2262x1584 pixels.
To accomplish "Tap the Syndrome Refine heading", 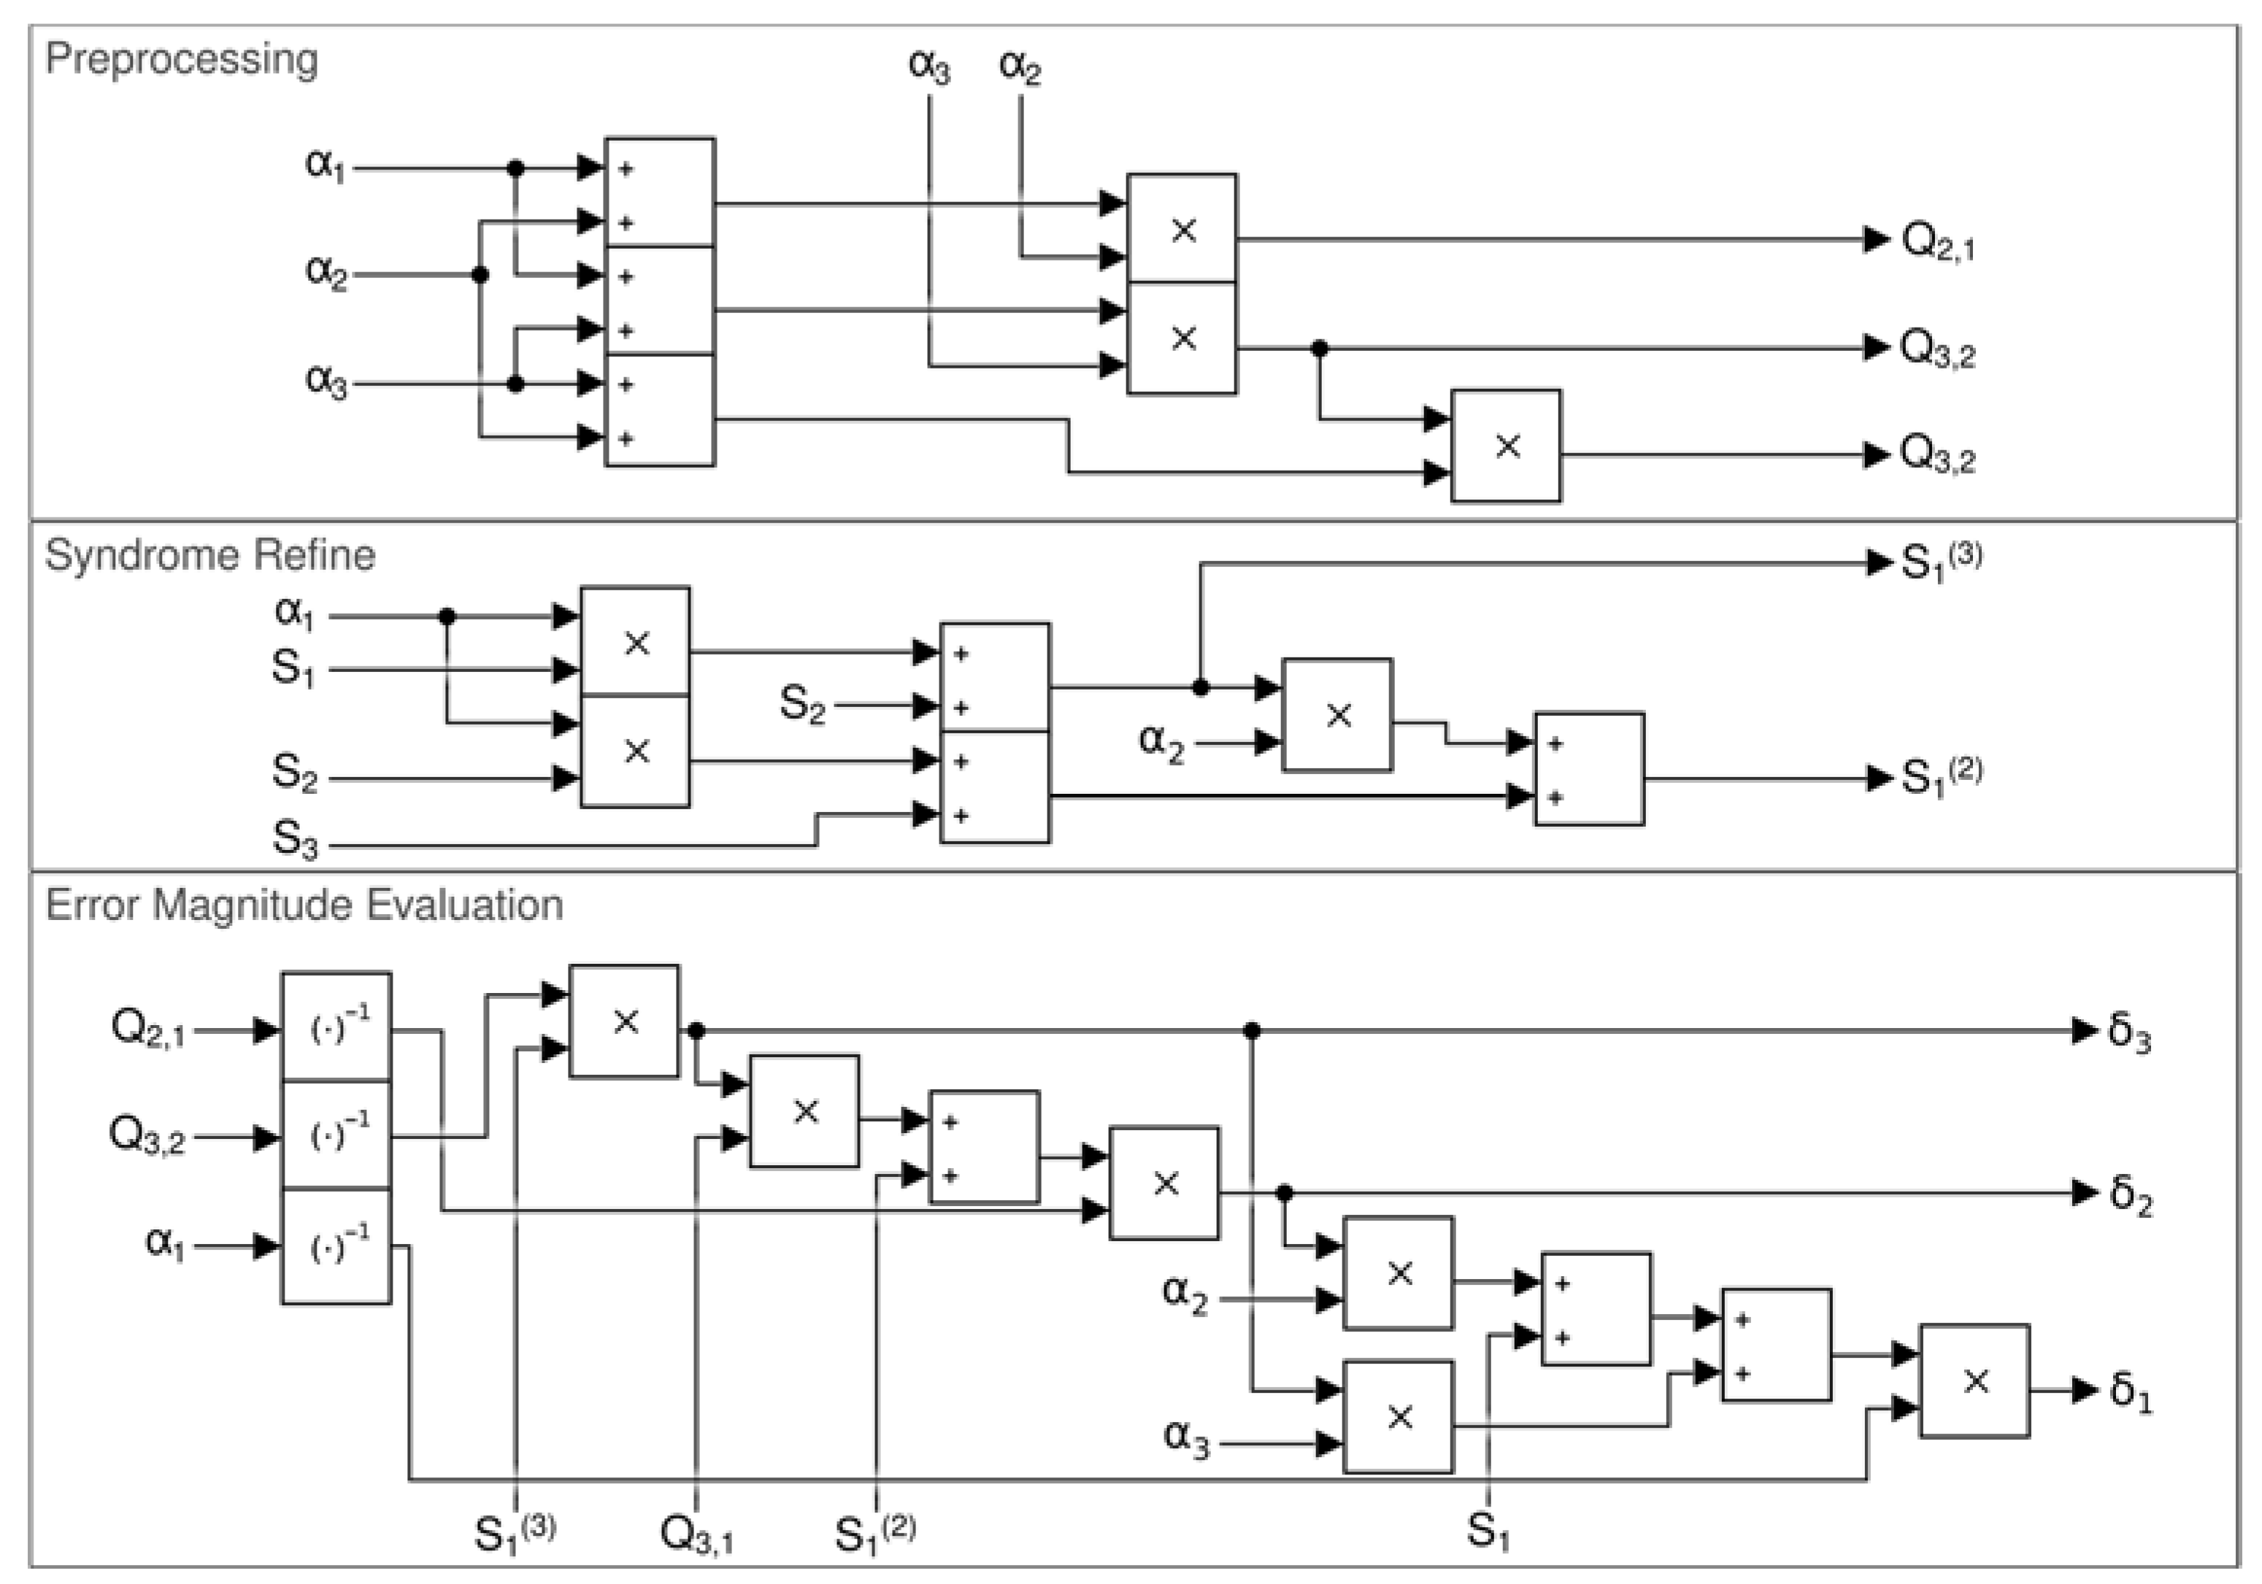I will pyautogui.click(x=209, y=555).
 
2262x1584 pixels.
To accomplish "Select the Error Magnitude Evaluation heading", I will pyautogui.click(x=304, y=904).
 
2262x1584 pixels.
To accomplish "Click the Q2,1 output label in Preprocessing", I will pyautogui.click(x=1937, y=242).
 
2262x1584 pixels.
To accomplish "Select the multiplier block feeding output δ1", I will pyautogui.click(x=1974, y=1381).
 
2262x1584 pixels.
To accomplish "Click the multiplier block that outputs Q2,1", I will pyautogui.click(x=1181, y=230).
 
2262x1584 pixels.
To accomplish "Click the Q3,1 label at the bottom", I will pyautogui.click(x=696, y=1534).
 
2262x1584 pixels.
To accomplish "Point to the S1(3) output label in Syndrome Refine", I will pyautogui.click(x=1939, y=562).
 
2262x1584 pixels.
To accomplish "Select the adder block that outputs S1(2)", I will pyautogui.click(x=1588, y=769).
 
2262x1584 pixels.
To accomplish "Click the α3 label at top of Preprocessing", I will pyautogui.click(x=928, y=66).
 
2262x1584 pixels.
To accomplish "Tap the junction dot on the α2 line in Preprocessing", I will pyautogui.click(x=480, y=275).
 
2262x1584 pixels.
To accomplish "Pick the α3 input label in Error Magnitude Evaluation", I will pyautogui.click(x=1185, y=1437).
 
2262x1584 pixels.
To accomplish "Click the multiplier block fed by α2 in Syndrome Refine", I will pyautogui.click(x=1337, y=715).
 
